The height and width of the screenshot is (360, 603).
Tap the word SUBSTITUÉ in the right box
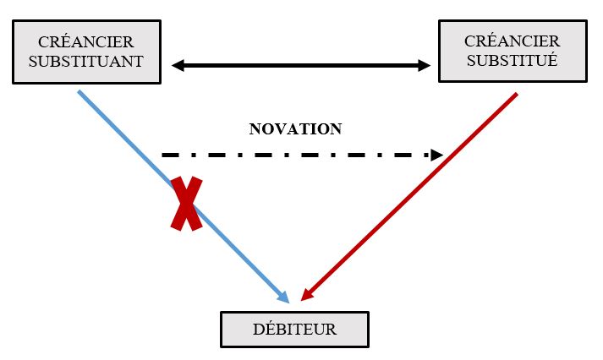[512, 61]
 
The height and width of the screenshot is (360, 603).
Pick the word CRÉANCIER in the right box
[512, 41]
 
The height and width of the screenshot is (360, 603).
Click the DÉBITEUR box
[294, 329]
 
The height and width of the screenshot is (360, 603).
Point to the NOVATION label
[295, 129]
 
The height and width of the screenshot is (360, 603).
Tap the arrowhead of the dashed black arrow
[437, 155]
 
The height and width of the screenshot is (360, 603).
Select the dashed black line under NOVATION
[296, 155]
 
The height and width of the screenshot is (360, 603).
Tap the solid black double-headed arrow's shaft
[301, 65]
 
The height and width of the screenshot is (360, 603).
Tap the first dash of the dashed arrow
[169, 155]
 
